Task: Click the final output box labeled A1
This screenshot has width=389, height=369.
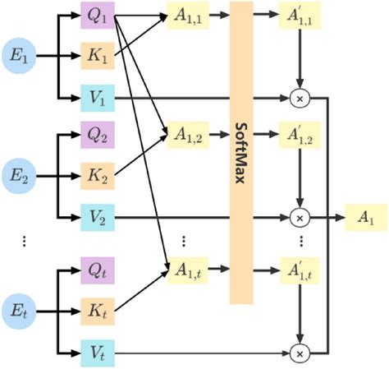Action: pyautogui.click(x=364, y=217)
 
